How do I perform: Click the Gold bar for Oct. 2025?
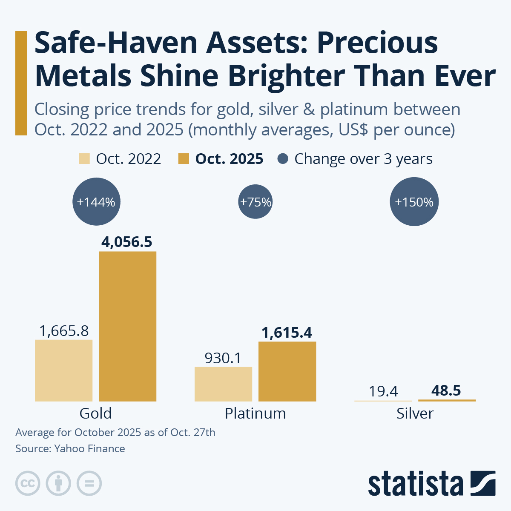pyautogui.click(x=127, y=326)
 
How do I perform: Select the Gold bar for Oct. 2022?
pyautogui.click(x=63, y=370)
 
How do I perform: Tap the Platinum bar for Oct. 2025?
pyautogui.click(x=287, y=371)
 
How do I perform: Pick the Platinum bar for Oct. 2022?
pyautogui.click(x=223, y=384)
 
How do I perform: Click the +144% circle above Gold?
pyautogui.click(x=96, y=202)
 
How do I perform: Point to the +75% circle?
pyautogui.click(x=255, y=202)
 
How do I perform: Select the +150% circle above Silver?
pyautogui.click(x=414, y=202)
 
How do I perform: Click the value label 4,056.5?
pyautogui.click(x=127, y=242)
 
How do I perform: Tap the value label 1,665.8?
pyautogui.click(x=64, y=330)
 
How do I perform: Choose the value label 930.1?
pyautogui.click(x=223, y=358)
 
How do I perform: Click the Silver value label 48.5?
pyautogui.click(x=446, y=390)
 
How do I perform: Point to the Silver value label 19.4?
pyautogui.click(x=383, y=391)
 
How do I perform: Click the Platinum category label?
pyautogui.click(x=255, y=413)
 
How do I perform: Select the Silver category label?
pyautogui.click(x=415, y=413)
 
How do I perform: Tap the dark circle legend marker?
pyautogui.click(x=283, y=159)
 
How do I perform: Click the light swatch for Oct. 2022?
pyautogui.click(x=84, y=159)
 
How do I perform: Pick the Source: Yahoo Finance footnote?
pyautogui.click(x=70, y=448)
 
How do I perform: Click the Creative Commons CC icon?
pyautogui.click(x=28, y=483)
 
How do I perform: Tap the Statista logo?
pyautogui.click(x=431, y=483)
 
